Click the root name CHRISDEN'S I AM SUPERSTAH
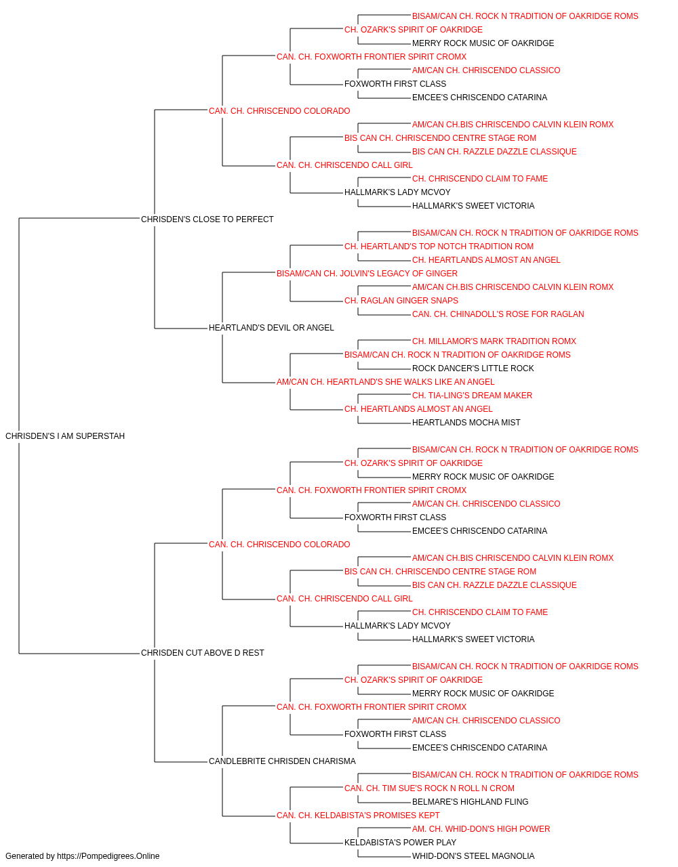click(x=65, y=436)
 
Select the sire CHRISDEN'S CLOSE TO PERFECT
click(x=207, y=219)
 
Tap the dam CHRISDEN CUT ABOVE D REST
click(x=203, y=653)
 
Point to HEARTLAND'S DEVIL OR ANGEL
click(x=271, y=328)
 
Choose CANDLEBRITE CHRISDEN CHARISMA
click(x=282, y=761)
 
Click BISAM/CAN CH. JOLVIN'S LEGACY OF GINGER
click(x=367, y=274)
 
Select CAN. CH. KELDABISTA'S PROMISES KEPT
click(x=358, y=816)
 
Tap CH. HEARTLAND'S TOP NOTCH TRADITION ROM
click(x=439, y=247)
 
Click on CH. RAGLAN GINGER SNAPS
click(x=401, y=301)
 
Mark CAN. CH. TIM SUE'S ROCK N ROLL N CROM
click(x=429, y=788)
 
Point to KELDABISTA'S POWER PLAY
click(x=400, y=842)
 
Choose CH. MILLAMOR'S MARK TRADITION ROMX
click(x=494, y=341)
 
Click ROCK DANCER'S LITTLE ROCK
click(x=473, y=368)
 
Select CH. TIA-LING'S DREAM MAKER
click(x=472, y=396)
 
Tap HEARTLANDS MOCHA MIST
click(x=466, y=423)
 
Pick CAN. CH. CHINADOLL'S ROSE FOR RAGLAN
click(x=498, y=314)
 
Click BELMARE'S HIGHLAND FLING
click(x=470, y=802)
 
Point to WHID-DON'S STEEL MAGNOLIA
click(x=473, y=856)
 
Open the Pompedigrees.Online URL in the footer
click(x=108, y=856)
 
